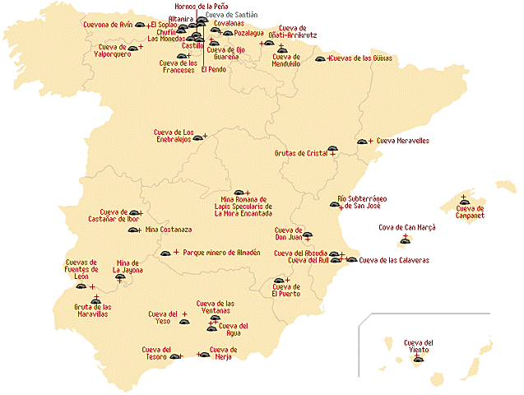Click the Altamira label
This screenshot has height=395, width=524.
(x=181, y=18)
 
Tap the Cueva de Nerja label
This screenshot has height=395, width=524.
(x=224, y=353)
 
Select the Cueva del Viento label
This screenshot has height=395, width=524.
(x=418, y=346)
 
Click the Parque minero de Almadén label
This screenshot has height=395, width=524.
(x=221, y=253)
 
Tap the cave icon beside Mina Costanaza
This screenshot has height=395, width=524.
(x=132, y=230)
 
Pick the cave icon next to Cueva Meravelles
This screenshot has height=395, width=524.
(x=361, y=142)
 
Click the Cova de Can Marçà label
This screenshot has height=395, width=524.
(x=406, y=226)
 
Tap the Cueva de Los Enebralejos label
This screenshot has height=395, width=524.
(x=173, y=136)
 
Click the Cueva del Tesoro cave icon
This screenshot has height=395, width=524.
(x=174, y=356)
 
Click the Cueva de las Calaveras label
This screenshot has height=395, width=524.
(x=394, y=261)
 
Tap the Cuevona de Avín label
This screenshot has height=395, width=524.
(x=108, y=25)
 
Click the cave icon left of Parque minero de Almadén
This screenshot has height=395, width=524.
(x=165, y=253)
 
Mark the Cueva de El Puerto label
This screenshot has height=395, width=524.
(x=286, y=290)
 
